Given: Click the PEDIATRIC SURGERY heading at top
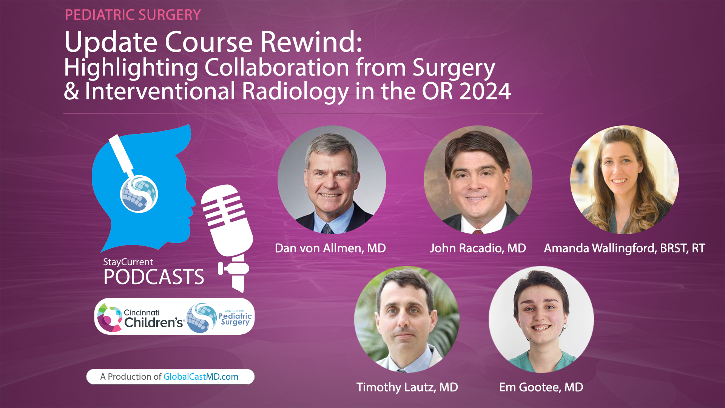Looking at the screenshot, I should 133,15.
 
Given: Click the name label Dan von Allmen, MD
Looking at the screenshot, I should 330,248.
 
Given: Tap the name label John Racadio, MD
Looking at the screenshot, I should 478,248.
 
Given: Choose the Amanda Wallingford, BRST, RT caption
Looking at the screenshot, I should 624,248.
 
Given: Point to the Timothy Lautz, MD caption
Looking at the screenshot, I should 407,387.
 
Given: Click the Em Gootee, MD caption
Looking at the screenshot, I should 541,387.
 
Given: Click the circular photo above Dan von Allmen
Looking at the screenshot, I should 332,180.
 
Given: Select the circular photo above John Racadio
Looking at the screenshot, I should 478,180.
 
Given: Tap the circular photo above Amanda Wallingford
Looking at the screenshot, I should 624,180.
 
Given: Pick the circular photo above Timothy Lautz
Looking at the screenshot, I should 407,320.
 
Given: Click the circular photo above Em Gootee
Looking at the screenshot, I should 541,320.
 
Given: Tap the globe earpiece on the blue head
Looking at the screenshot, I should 139,194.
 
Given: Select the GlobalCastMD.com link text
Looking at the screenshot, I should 201,377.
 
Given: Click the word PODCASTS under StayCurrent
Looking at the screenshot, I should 154,277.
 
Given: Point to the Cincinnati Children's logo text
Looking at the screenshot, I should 153,318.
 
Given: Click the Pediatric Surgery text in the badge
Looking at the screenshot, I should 235,318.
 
